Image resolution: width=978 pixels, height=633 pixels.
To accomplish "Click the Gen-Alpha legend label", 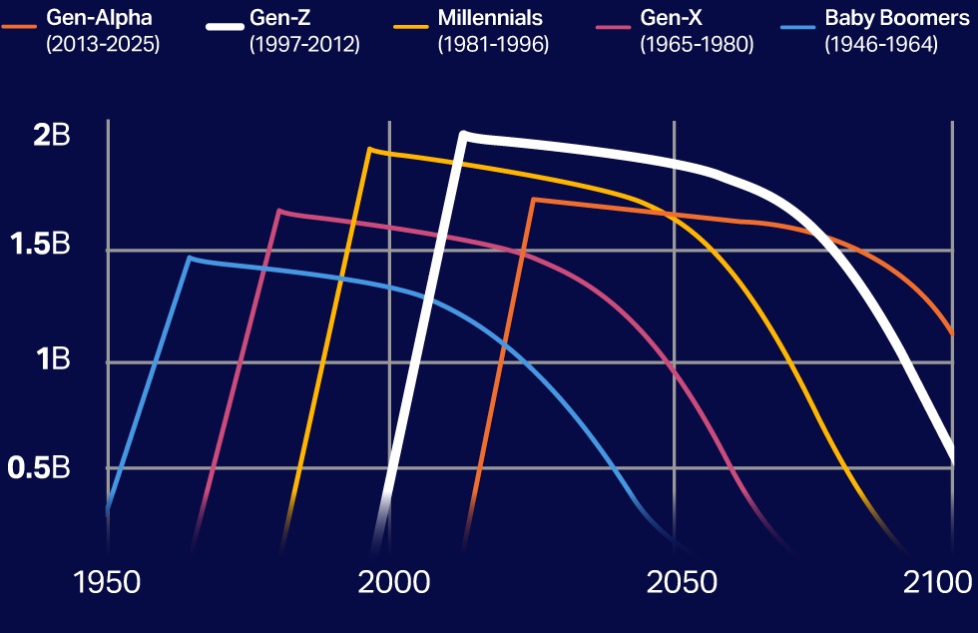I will pyautogui.click(x=99, y=18).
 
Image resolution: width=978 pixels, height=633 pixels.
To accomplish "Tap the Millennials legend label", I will pyautogui.click(x=489, y=18).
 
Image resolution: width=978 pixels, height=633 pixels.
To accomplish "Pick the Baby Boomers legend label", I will pyautogui.click(x=896, y=18).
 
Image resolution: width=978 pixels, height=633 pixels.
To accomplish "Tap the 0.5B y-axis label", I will pyautogui.click(x=40, y=466).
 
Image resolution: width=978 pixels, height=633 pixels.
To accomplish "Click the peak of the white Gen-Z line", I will pyautogui.click(x=463, y=133).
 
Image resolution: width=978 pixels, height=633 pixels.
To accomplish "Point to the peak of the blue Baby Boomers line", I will pyautogui.click(x=189, y=258).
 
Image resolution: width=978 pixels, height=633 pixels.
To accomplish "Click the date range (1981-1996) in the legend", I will pyautogui.click(x=493, y=45).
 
